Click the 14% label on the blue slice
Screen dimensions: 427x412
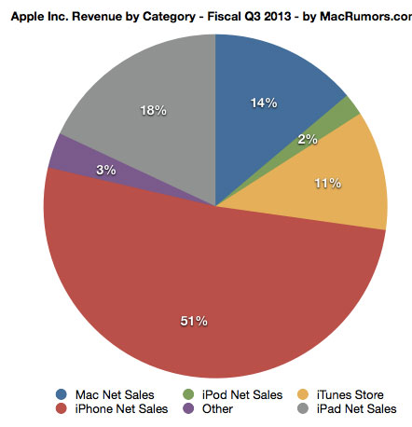click(264, 103)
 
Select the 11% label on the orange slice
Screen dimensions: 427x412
click(325, 185)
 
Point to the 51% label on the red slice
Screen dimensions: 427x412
click(193, 321)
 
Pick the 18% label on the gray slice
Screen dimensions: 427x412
click(153, 111)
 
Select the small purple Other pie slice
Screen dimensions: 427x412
click(61, 153)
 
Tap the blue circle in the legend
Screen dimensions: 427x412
click(61, 395)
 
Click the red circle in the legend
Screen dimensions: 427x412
click(61, 408)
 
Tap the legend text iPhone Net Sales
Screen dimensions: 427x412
click(121, 408)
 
